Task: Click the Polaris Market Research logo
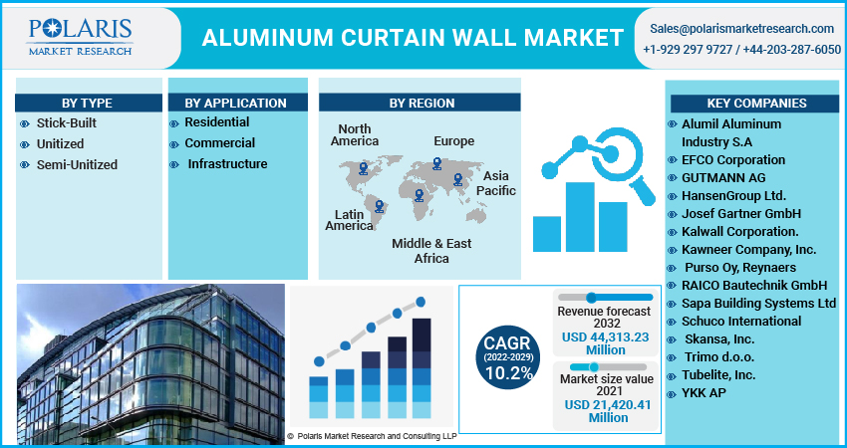click(x=80, y=37)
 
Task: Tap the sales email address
click(x=741, y=29)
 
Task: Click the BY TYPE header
click(x=87, y=104)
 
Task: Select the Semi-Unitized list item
click(x=77, y=164)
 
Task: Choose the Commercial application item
click(x=220, y=143)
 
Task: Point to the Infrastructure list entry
click(x=227, y=164)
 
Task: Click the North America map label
click(x=355, y=135)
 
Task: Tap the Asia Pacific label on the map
click(x=496, y=183)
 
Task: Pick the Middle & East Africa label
click(x=431, y=251)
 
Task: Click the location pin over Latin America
click(x=380, y=206)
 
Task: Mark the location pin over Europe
click(x=437, y=163)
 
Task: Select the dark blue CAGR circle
click(x=508, y=356)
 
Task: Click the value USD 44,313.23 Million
click(x=606, y=343)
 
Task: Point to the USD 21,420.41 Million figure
click(x=608, y=411)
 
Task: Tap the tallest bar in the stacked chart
click(x=422, y=368)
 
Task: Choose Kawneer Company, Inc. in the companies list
click(x=748, y=250)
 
